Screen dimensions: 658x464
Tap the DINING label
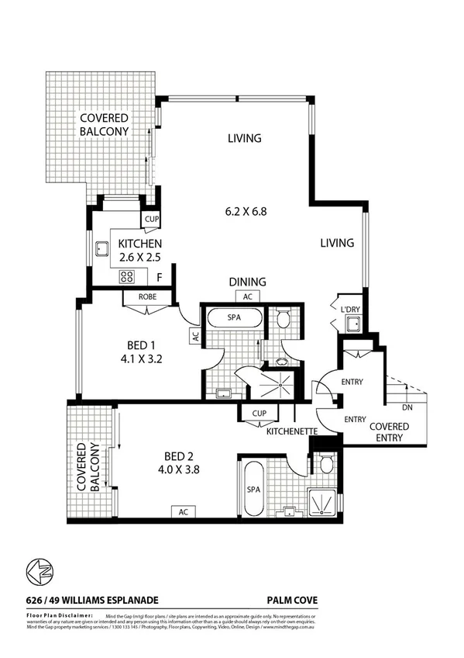[248, 282]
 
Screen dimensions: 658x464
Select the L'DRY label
[352, 310]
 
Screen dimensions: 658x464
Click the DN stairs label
[407, 407]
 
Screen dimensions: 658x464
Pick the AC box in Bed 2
[184, 512]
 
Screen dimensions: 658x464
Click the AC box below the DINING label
[248, 296]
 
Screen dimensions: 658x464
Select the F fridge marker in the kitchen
[159, 277]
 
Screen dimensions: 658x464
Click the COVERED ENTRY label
[388, 432]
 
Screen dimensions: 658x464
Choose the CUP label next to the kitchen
[151, 220]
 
